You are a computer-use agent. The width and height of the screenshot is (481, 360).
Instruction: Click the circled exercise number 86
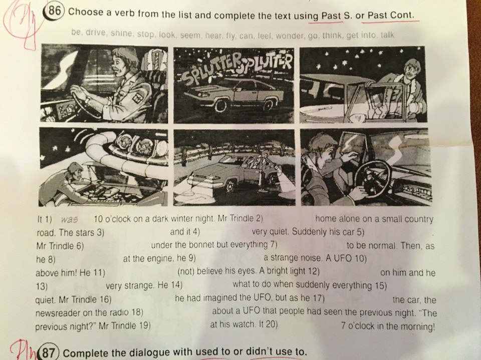(x=54, y=12)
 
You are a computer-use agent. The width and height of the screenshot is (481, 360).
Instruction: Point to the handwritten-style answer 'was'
(x=69, y=220)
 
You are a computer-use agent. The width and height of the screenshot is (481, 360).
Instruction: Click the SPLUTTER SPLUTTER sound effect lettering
(x=235, y=70)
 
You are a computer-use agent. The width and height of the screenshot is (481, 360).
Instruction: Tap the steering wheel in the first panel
(x=87, y=103)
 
